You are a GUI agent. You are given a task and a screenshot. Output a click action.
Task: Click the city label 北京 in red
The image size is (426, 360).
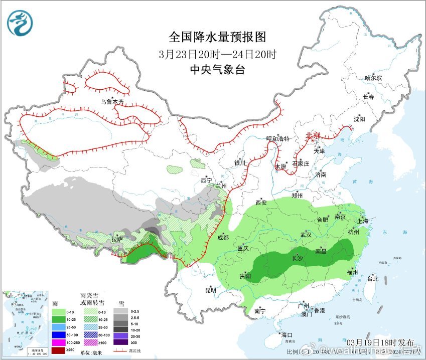click(x=313, y=135)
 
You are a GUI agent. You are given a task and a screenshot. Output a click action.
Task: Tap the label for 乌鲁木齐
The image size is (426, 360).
click(x=111, y=102)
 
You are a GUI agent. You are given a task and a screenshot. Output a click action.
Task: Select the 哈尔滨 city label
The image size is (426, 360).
click(x=373, y=78)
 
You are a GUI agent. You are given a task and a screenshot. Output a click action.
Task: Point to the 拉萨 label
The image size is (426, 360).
click(x=117, y=239)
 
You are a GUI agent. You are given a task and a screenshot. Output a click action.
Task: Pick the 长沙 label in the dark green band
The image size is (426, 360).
click(x=298, y=258)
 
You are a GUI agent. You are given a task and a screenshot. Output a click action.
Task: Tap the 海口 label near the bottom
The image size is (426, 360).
click(x=286, y=334)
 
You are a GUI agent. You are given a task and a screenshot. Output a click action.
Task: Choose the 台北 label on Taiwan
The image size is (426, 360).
click(x=372, y=278)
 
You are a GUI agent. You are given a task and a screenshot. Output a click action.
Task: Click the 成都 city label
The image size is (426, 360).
click(x=223, y=237)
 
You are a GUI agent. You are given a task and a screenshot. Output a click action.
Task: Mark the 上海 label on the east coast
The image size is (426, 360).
click(x=362, y=221)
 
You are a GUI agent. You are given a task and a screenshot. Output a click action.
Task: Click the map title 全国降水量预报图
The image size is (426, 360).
click(x=217, y=37)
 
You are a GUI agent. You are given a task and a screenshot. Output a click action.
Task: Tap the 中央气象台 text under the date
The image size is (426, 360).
click(x=217, y=70)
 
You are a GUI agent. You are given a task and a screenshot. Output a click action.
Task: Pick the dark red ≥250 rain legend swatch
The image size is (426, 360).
click(x=59, y=349)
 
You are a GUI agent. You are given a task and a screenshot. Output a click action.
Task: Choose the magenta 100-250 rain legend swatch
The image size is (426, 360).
click(x=59, y=342)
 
